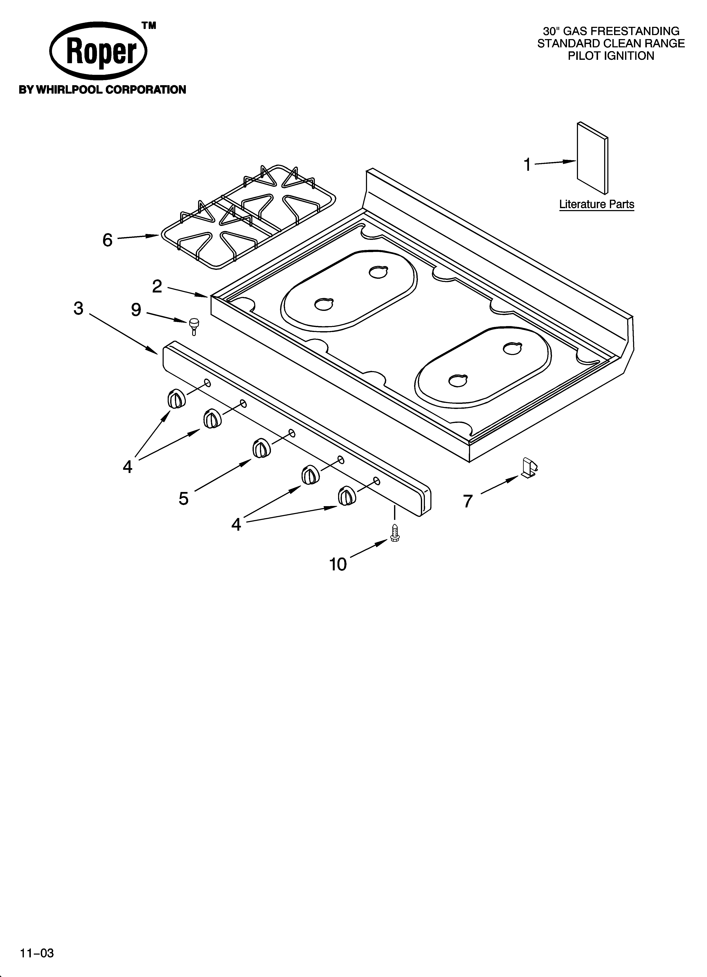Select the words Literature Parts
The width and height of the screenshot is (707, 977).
pos(596,204)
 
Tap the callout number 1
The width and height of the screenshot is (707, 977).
pos(527,165)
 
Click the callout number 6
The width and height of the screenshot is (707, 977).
pos(107,240)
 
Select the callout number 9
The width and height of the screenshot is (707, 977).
pos(136,309)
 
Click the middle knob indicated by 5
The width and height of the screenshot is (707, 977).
pos(261,448)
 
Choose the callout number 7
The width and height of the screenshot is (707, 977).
pos(468,501)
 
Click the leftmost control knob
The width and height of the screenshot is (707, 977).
pos(176,398)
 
